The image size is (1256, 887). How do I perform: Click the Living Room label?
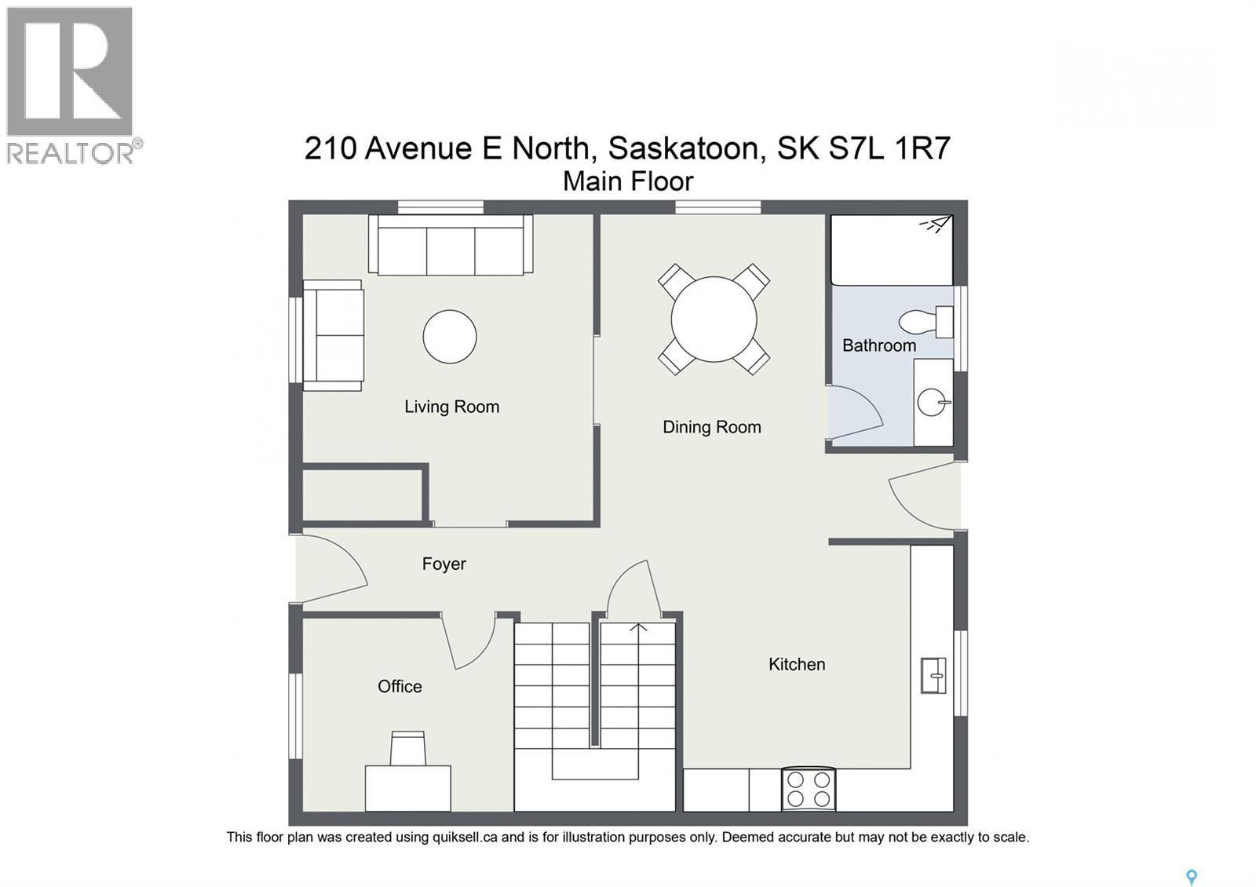click(x=451, y=407)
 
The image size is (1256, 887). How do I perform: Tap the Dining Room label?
click(x=711, y=427)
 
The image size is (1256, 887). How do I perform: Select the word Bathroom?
click(x=878, y=345)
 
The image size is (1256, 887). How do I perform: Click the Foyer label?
click(x=444, y=564)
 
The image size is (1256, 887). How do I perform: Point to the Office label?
click(x=400, y=686)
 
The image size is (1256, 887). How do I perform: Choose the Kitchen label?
click(x=796, y=664)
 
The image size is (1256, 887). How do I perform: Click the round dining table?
click(x=714, y=319)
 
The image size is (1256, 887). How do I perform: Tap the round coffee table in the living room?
click(x=450, y=337)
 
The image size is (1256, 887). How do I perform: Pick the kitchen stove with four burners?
click(x=809, y=789)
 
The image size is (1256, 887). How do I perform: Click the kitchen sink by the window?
click(x=933, y=675)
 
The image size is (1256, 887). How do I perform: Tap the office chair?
click(x=408, y=747)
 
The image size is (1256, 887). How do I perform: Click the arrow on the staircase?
click(x=637, y=628)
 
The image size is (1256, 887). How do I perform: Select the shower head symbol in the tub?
click(x=935, y=224)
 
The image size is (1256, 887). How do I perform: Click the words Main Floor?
click(x=628, y=181)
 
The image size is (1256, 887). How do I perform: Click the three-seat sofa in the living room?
click(x=451, y=245)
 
